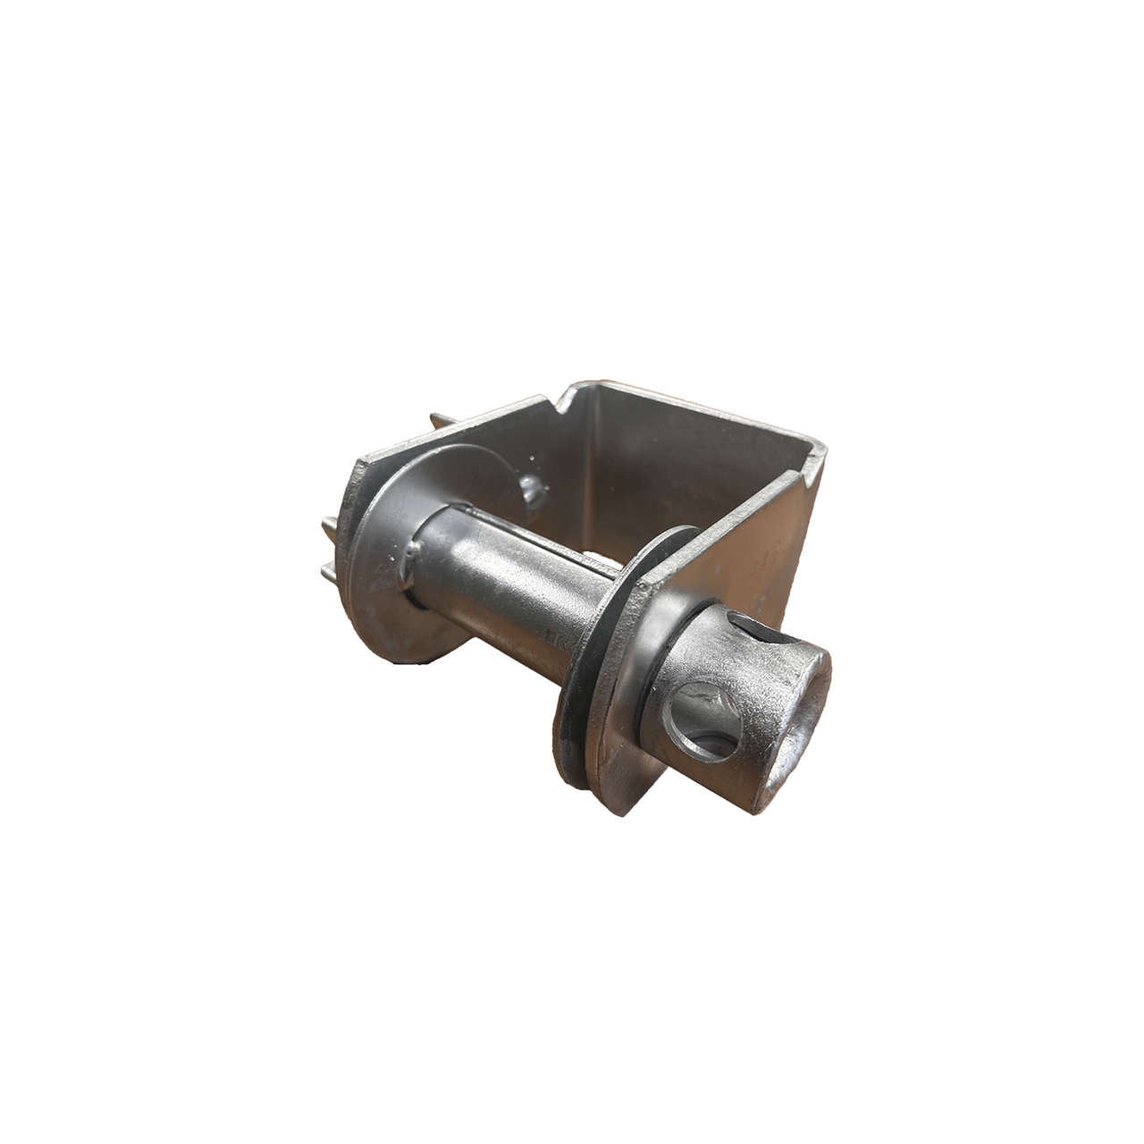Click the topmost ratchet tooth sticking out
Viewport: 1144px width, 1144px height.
coord(438,422)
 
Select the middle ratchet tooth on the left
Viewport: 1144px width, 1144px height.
coord(329,526)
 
